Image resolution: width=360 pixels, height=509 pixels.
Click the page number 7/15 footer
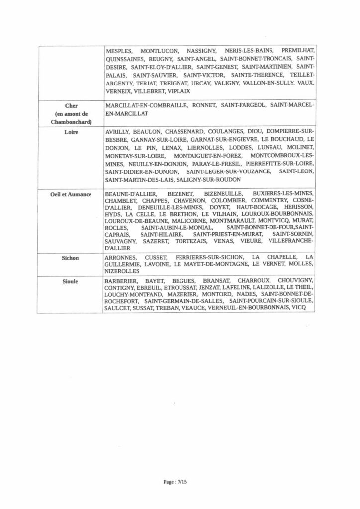[180, 482]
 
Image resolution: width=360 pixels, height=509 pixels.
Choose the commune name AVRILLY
[118, 133]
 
